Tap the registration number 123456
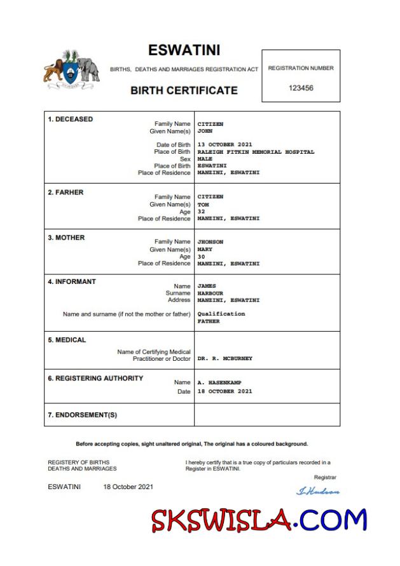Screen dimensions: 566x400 (301, 88)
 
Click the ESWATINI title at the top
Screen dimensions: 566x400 (184, 50)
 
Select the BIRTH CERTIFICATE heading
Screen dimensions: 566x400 (184, 90)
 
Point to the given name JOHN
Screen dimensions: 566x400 (204, 131)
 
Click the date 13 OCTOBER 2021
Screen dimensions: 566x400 (224, 145)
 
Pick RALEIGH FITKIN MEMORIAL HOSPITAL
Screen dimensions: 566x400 (256, 152)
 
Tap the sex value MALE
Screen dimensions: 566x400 (204, 159)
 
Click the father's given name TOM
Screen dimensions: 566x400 (203, 205)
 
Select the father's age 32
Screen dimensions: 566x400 (201, 212)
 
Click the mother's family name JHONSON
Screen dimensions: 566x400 (210, 242)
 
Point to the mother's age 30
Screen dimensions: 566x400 (201, 256)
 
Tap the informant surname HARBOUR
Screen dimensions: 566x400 (210, 293)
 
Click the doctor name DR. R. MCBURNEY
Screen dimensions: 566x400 (224, 358)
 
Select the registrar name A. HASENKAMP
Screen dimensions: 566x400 (219, 382)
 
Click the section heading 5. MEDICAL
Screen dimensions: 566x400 (67, 340)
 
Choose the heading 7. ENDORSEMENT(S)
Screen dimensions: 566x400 (82, 415)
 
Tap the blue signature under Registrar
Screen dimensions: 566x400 (318, 491)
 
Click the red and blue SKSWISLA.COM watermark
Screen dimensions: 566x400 (259, 520)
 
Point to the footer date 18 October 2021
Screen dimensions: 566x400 (128, 487)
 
